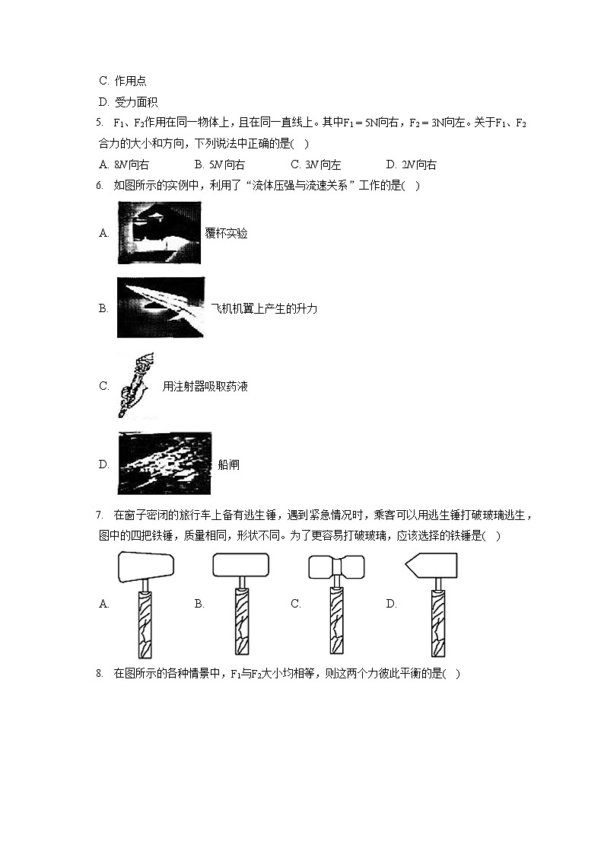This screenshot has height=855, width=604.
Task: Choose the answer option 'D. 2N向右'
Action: [411, 164]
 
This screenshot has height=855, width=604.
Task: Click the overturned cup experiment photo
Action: [160, 233]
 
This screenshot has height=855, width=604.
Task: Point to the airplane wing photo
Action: [161, 308]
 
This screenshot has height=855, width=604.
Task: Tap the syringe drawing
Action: [135, 385]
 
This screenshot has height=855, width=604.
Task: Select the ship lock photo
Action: [164, 464]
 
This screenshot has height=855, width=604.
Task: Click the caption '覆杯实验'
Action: [226, 234]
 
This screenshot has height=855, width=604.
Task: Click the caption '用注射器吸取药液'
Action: [205, 386]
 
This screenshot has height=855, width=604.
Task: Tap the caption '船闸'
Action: [228, 464]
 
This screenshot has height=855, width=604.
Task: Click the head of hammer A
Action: [146, 566]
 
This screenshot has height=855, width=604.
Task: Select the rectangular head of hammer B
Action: [241, 566]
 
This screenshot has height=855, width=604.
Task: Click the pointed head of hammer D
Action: [431, 566]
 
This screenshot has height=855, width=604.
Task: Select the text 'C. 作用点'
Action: [123, 81]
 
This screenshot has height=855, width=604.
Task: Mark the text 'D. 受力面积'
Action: [129, 102]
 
